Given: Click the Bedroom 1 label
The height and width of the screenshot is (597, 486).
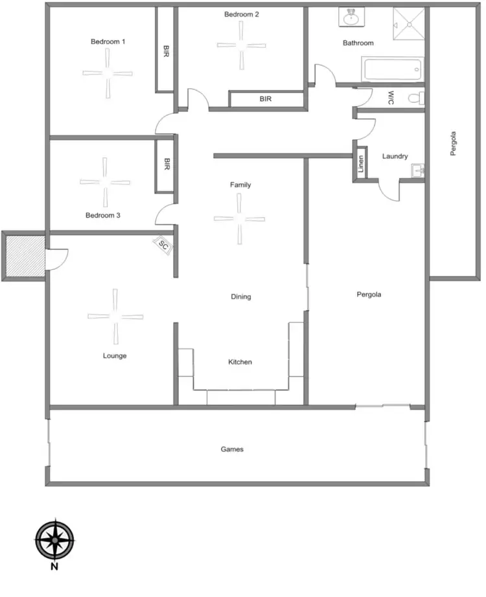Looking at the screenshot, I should (108, 41).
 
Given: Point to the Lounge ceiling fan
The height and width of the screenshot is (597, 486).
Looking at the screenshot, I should (115, 317).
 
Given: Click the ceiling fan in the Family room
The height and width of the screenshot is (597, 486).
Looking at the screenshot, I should (239, 220).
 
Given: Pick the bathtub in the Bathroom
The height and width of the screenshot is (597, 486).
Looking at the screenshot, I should (391, 69).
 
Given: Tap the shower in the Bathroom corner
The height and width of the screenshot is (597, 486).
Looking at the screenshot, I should (410, 25).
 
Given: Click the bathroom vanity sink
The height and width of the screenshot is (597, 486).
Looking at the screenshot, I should (351, 17).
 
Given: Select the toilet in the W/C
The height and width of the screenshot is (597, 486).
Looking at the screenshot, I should (415, 98).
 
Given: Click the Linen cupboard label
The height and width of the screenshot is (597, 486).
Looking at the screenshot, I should (361, 164).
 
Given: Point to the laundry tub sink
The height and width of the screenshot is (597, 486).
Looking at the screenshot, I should (417, 170).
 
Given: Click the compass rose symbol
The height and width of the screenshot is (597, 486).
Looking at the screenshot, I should (54, 539).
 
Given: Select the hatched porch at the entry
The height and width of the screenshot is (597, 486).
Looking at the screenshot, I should (23, 256).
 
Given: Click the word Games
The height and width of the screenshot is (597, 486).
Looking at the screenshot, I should (232, 449).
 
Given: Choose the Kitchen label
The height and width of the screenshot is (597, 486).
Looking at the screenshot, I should (239, 362).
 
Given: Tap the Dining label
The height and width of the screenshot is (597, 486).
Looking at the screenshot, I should (240, 297).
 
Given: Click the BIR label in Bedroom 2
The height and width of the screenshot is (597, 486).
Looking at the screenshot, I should (265, 99).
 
